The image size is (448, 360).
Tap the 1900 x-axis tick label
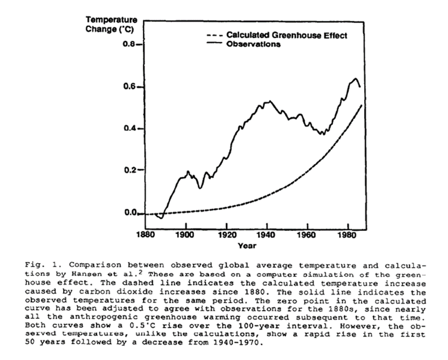185,234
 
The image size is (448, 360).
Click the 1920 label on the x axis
227,234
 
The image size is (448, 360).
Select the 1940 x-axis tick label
267,234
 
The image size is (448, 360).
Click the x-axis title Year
247,245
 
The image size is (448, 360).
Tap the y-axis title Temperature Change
111,24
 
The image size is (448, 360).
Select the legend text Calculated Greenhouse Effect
287,35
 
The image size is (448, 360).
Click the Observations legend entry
254,45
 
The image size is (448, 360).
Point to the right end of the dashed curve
362,105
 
